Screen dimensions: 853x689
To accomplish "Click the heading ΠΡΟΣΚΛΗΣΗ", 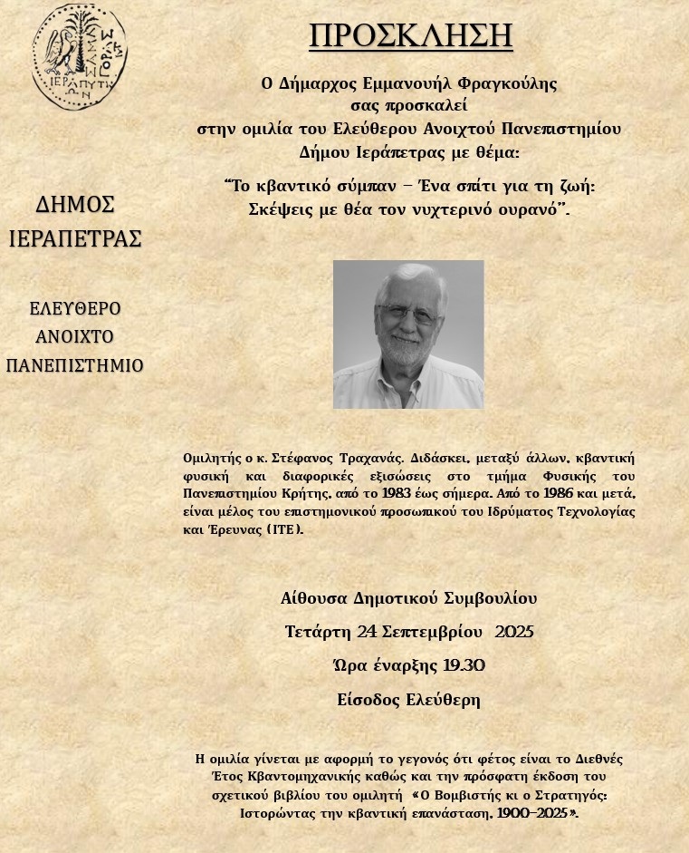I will click(x=410, y=35).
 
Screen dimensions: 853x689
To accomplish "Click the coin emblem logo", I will click(x=78, y=56).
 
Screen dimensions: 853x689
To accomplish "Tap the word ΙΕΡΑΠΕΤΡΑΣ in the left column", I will click(x=75, y=239).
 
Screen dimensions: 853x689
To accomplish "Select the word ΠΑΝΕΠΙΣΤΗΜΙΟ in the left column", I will click(x=75, y=365).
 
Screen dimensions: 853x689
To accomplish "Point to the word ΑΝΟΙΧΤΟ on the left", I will click(x=75, y=337).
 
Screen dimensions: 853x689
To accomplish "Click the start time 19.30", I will click(x=464, y=666).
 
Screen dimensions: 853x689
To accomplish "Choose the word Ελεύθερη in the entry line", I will click(x=443, y=700).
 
